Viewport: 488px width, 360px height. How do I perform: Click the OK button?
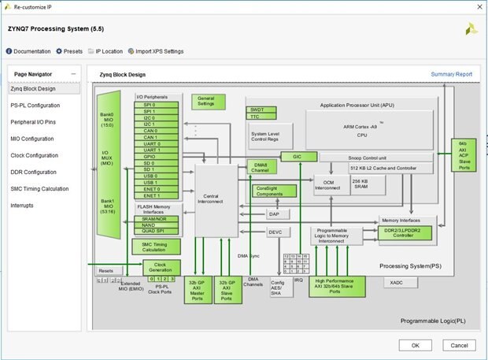pyautogui.click(x=415, y=344)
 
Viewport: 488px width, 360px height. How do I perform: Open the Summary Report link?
pyautogui.click(x=451, y=74)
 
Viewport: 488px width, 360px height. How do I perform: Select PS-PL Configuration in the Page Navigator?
pyautogui.click(x=35, y=105)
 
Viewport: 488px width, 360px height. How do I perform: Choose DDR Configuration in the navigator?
pyautogui.click(x=33, y=172)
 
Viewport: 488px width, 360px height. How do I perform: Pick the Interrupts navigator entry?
pyautogui.click(x=22, y=206)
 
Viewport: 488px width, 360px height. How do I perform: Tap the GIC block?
pyautogui.click(x=298, y=157)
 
